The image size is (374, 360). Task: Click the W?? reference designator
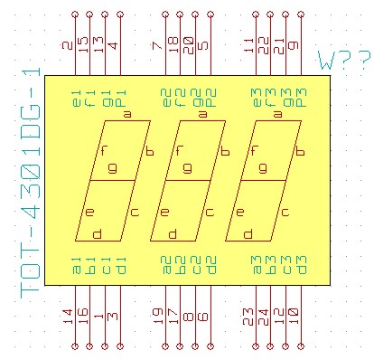[x=344, y=62]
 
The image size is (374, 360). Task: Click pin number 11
[x=250, y=44]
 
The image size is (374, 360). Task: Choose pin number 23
[x=250, y=316]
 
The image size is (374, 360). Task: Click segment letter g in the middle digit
[x=187, y=167]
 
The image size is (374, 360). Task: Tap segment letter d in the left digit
[x=97, y=234]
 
